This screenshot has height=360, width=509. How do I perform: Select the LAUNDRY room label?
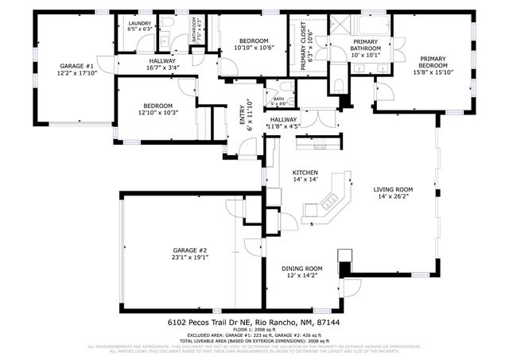pos(140,24)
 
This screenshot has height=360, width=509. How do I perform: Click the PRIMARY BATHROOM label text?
pos(366,45)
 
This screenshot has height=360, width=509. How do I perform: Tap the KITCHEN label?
pos(305,172)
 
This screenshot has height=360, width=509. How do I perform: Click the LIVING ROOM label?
pos(394,189)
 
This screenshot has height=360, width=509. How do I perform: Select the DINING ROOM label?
pos(301,269)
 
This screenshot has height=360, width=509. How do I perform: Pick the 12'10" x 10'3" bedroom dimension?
pos(158,113)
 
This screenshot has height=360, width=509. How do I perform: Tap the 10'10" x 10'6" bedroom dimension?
pos(254,48)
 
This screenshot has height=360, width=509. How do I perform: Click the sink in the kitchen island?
pos(311,208)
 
